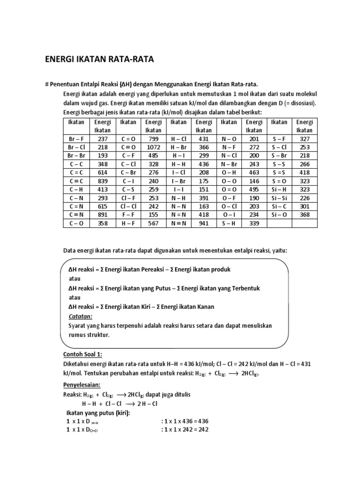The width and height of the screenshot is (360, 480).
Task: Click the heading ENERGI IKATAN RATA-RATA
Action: point(99,60)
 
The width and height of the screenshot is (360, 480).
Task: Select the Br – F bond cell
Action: point(76,139)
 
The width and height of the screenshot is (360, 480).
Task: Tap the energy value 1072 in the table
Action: point(153,147)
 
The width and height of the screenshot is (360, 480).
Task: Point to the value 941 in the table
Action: point(203,223)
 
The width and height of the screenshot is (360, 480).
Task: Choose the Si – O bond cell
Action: point(279,215)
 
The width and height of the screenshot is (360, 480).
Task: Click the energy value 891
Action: point(102,215)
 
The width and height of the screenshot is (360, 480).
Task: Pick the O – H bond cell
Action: point(229,172)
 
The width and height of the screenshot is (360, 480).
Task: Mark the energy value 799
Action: point(153,139)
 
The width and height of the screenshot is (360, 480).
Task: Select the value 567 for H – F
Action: point(153,223)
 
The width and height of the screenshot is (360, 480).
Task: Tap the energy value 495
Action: point(254,189)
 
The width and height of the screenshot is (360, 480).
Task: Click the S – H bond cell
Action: point(229,223)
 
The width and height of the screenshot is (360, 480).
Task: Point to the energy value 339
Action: point(254,223)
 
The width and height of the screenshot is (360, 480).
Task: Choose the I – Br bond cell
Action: point(178,181)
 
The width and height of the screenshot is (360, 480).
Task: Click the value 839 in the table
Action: point(102,181)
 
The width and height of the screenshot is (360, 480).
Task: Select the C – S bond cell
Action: point(127,189)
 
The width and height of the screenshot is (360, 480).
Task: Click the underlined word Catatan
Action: point(81,316)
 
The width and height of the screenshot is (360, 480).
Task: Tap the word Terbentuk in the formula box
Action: point(244,288)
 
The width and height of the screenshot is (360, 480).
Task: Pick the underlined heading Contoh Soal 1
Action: point(82,354)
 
